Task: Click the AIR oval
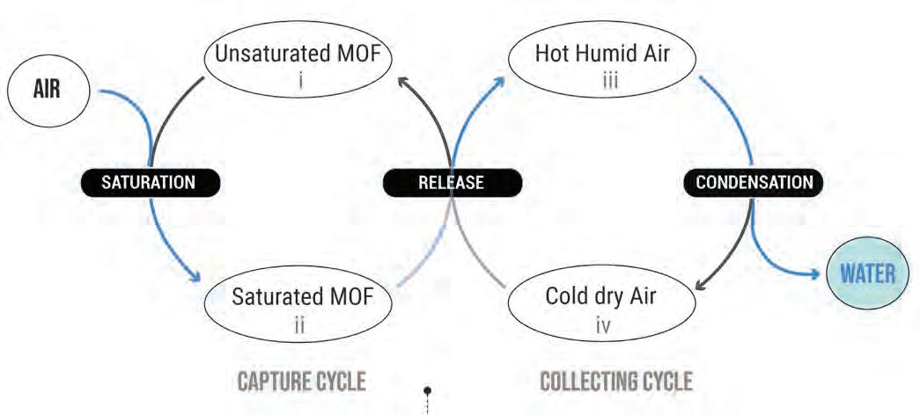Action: click(46, 91)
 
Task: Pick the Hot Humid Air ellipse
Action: click(602, 62)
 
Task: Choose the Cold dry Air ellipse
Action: click(602, 304)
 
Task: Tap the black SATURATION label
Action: click(150, 182)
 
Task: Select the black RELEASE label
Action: click(453, 182)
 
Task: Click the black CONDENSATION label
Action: click(754, 182)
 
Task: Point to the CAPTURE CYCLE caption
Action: click(301, 382)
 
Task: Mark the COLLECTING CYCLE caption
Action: click(615, 382)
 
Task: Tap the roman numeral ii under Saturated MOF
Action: click(300, 324)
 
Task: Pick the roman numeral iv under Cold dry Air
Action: click(604, 324)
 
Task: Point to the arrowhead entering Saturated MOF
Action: click(195, 277)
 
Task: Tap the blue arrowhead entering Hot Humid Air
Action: click(500, 80)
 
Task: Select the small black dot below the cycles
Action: click(428, 390)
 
